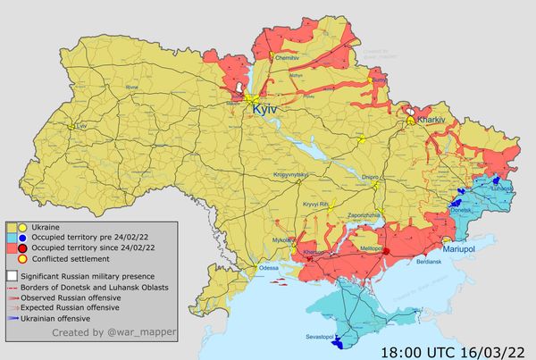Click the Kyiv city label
266,108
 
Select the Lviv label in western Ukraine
84,127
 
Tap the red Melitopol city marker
386,252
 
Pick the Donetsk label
462,211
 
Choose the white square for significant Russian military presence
13,276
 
